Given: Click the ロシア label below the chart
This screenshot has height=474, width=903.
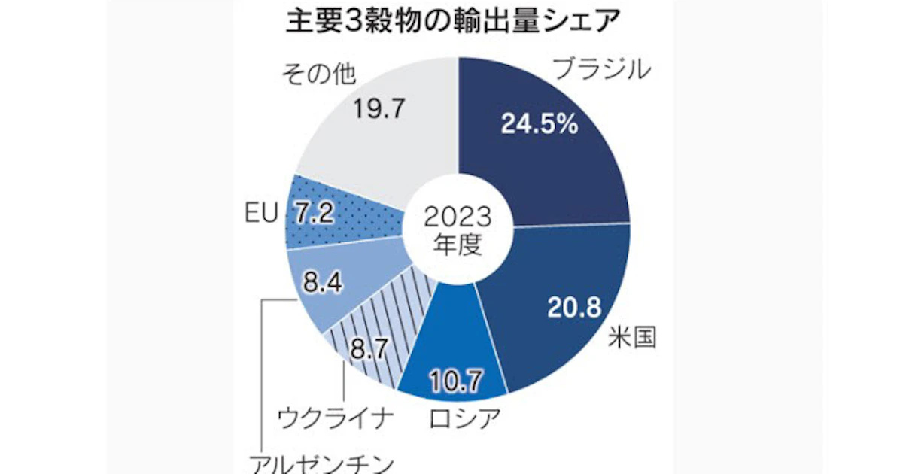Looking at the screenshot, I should (x=464, y=416).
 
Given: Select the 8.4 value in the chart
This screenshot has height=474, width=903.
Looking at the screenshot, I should (x=322, y=284).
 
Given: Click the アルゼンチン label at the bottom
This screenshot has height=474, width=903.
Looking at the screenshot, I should (x=321, y=460).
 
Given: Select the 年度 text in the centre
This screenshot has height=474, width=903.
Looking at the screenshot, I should (x=458, y=246).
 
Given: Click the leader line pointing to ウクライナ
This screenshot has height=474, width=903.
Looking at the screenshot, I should (x=343, y=384).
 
